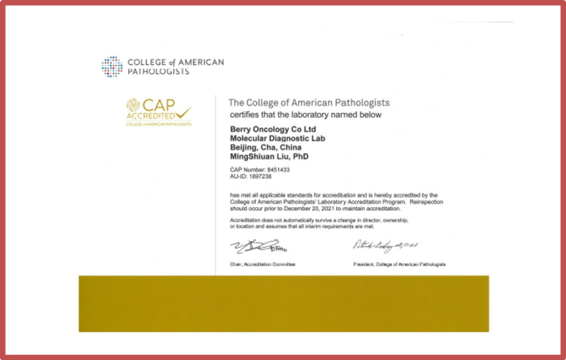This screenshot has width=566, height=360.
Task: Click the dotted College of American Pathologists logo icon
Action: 112,67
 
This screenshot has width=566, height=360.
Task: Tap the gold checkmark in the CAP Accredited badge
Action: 184,112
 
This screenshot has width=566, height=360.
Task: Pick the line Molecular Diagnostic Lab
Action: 276,139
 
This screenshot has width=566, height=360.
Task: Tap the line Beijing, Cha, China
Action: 264,147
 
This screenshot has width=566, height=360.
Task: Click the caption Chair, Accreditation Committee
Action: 262,264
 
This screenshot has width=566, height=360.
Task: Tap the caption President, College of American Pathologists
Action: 399,264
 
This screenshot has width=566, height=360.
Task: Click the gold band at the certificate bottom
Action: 284,303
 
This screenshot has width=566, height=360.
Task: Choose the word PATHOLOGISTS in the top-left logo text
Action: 158,71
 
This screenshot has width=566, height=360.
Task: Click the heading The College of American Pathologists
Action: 309,103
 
